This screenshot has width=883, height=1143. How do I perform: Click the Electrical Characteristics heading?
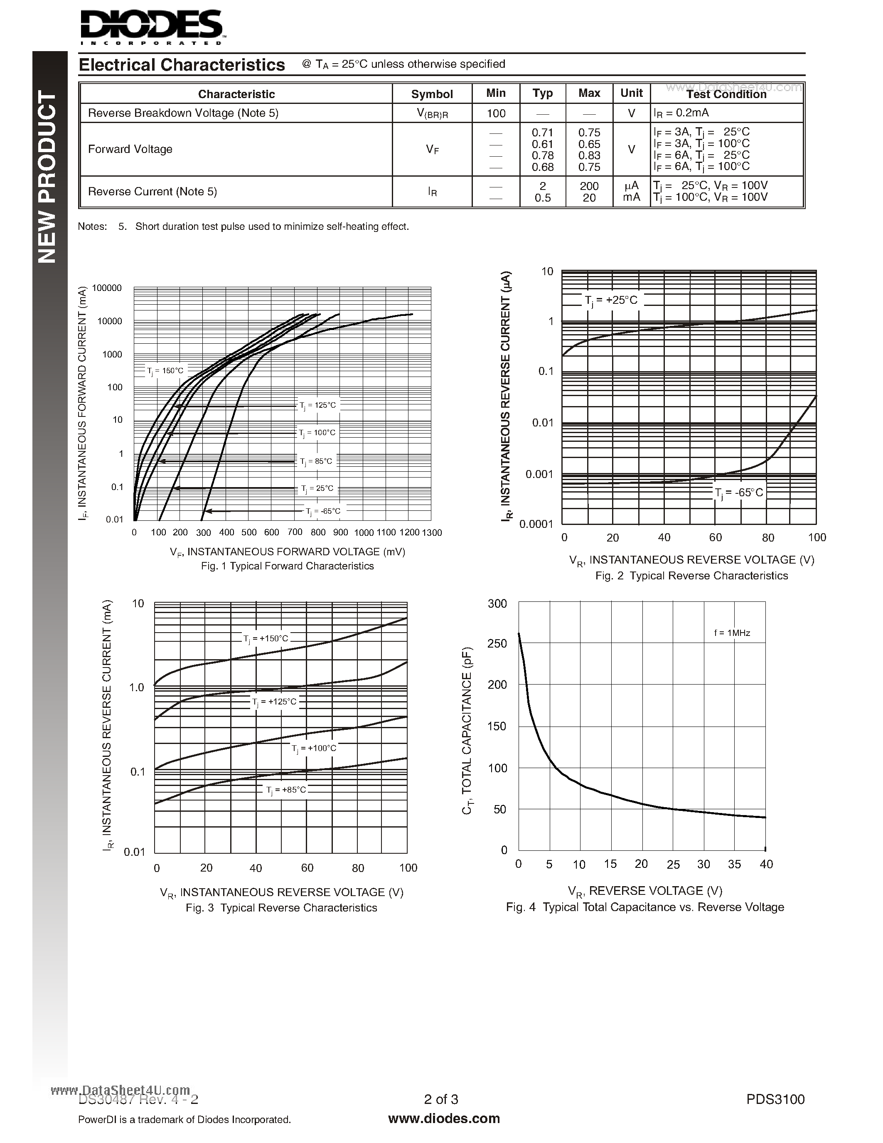(182, 65)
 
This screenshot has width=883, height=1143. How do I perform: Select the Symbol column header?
(432, 94)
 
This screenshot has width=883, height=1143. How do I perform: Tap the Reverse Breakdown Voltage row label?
(183, 113)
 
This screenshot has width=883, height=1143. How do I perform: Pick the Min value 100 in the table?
(495, 113)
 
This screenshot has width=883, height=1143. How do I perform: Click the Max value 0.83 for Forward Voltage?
(589, 155)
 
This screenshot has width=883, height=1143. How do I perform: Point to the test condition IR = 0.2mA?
(681, 113)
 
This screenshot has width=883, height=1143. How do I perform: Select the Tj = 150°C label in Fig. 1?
(165, 370)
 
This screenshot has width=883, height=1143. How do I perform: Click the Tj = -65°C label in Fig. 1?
(323, 511)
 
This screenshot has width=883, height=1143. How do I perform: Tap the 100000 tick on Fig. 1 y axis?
(107, 288)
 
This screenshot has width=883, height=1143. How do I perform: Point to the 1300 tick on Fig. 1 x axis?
(432, 533)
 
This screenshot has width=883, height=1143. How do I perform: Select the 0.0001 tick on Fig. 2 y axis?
(536, 524)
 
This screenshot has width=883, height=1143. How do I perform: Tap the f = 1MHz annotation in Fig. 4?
(732, 633)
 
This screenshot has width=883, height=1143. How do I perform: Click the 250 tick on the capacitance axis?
(497, 644)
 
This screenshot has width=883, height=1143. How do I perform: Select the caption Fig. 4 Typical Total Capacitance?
(644, 907)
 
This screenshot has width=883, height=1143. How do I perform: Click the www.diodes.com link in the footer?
(444, 1118)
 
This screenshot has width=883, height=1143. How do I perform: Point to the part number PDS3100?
(775, 1099)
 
